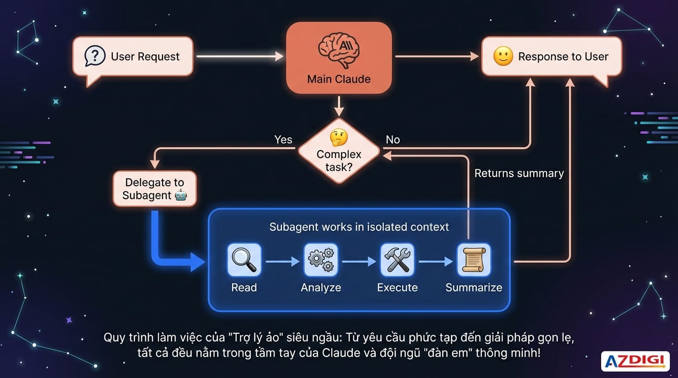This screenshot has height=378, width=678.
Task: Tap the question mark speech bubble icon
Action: tap(95, 56)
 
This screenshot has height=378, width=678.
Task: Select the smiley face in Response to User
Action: tap(503, 57)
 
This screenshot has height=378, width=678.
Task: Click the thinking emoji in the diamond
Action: tap(339, 138)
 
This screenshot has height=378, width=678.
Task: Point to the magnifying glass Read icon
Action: tap(244, 260)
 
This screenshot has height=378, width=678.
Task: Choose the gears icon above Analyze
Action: tap(321, 260)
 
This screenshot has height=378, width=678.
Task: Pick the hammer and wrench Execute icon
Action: tap(397, 260)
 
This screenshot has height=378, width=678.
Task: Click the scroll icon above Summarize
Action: tap(474, 260)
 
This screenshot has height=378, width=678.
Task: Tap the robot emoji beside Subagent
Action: tap(181, 195)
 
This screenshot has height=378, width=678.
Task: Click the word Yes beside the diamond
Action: tap(283, 140)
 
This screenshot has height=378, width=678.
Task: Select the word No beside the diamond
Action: tap(393, 140)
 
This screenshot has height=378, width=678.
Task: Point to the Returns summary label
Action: tap(519, 173)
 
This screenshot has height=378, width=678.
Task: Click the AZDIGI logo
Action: tap(635, 361)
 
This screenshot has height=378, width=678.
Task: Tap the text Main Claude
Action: tap(339, 79)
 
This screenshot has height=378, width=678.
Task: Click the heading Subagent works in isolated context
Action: tap(359, 227)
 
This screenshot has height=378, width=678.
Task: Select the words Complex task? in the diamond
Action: tap(339, 160)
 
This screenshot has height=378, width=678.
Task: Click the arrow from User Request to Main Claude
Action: tap(239, 57)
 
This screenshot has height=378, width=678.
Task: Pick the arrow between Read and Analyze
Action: tap(283, 262)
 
